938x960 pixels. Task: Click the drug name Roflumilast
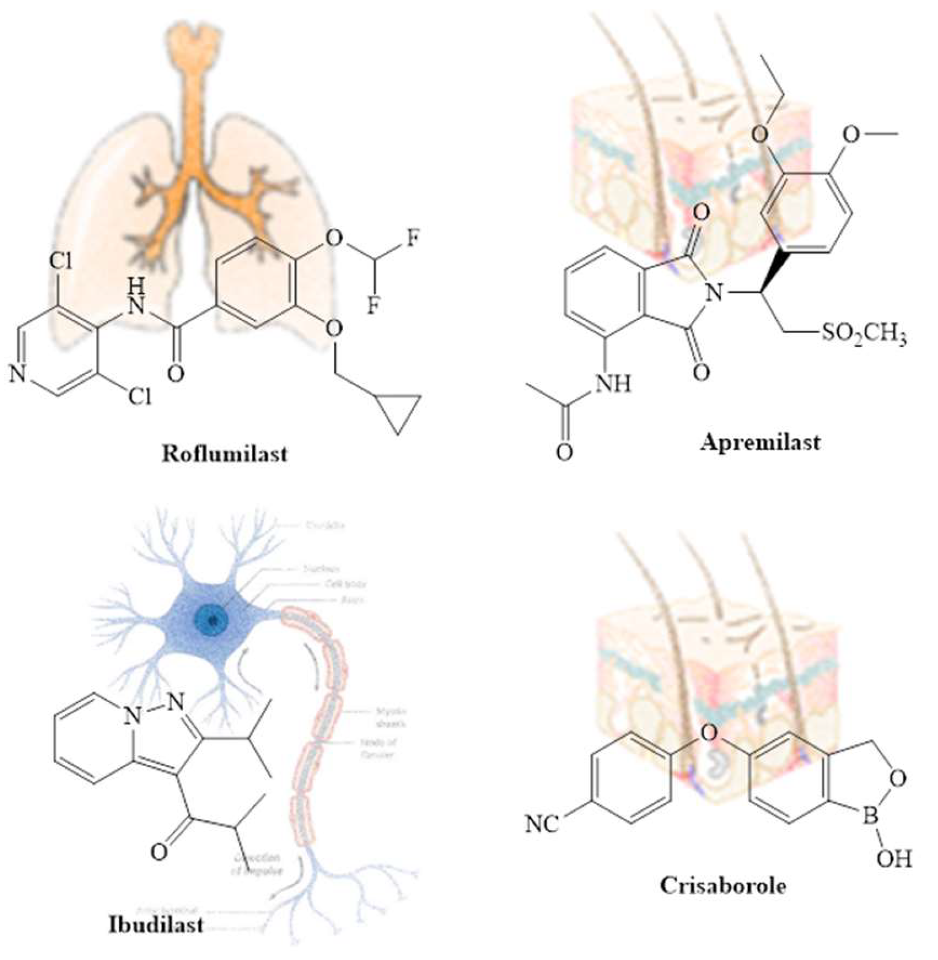[224, 454]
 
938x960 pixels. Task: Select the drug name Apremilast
[760, 443]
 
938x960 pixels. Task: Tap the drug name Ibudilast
[155, 924]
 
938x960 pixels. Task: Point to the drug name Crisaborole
[723, 885]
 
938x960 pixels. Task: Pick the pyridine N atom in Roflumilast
[18, 375]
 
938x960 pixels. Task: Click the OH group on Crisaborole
[894, 859]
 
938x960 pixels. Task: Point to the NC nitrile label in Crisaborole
[542, 824]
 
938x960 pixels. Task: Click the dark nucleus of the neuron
[212, 620]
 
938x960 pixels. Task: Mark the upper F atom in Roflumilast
[413, 238]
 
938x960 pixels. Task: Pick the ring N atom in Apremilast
[713, 294]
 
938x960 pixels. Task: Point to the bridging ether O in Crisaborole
[709, 733]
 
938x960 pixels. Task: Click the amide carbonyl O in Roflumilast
[175, 374]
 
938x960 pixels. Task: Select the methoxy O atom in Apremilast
[851, 134]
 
